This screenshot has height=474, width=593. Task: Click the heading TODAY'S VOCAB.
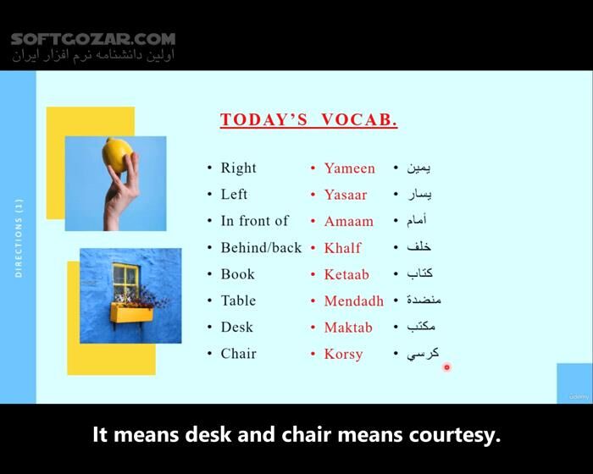click(308, 119)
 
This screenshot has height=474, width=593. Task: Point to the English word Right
click(238, 168)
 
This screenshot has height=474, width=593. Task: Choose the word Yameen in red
click(349, 168)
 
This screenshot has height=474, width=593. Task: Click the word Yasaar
click(346, 195)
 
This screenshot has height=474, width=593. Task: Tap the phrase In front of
click(254, 221)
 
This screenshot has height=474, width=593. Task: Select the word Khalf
click(342, 248)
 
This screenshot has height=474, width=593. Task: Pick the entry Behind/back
click(261, 248)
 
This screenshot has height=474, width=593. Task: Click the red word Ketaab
click(346, 274)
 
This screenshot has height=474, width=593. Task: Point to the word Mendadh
click(353, 300)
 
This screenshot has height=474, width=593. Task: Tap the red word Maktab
click(348, 328)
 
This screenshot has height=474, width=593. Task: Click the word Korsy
click(343, 354)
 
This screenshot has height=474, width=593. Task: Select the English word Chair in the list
click(238, 354)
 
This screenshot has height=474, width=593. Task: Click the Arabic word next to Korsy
click(423, 354)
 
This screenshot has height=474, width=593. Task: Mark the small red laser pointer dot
click(446, 367)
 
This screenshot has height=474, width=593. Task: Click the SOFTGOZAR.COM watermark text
click(93, 39)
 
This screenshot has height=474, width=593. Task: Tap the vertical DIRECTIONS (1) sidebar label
click(19, 237)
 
